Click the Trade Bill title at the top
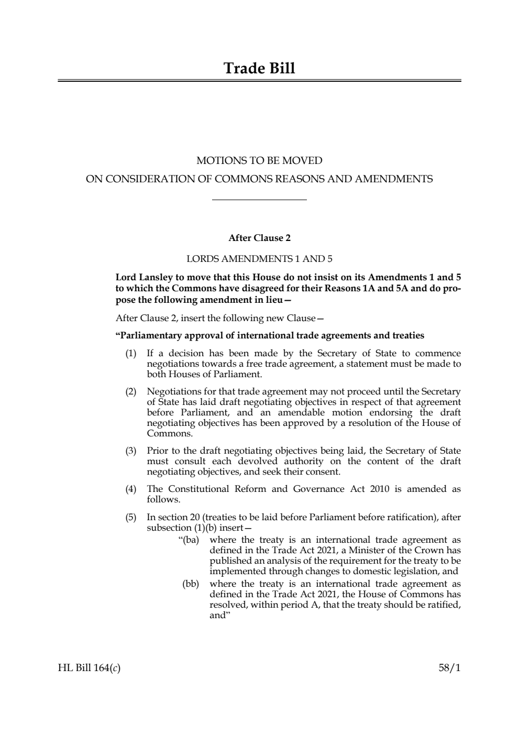pyautogui.click(x=259, y=69)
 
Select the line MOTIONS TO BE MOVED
pyautogui.click(x=259, y=160)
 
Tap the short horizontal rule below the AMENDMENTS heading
pyautogui.click(x=259, y=200)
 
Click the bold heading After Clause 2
pyautogui.click(x=259, y=238)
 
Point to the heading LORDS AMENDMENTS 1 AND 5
pyautogui.click(x=259, y=259)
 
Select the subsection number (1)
pyautogui.click(x=130, y=354)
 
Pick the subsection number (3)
pyautogui.click(x=130, y=451)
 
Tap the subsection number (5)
pyautogui.click(x=130, y=518)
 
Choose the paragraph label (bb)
pyautogui.click(x=191, y=584)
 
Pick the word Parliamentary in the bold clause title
pyautogui.click(x=149, y=336)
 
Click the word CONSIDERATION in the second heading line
pyautogui.click(x=150, y=179)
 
